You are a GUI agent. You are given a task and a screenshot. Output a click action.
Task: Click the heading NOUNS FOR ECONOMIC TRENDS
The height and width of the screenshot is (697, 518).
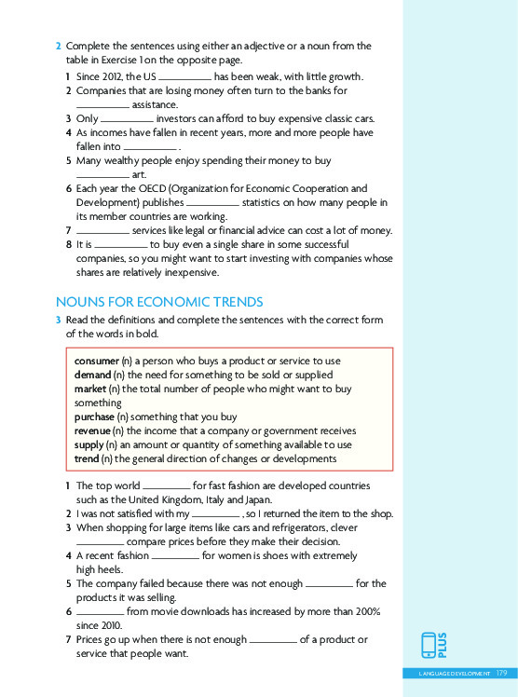[159, 301]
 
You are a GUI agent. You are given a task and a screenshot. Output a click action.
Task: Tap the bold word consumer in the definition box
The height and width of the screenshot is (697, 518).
[97, 361]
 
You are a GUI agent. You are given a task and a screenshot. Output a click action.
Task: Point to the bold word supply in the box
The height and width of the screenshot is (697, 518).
[89, 444]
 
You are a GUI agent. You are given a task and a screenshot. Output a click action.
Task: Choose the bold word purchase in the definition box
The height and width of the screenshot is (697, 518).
[94, 417]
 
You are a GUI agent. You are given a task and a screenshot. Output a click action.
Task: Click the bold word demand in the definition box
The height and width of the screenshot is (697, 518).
[92, 375]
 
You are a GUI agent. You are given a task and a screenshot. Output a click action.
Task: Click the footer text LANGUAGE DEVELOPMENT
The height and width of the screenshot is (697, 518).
[454, 672]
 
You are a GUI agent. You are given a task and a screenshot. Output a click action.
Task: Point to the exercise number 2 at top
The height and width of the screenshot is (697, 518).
[59, 46]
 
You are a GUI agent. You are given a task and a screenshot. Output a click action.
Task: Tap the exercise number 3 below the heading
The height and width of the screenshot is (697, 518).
[59, 320]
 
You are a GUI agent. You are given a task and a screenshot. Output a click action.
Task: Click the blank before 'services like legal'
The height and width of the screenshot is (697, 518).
[102, 230]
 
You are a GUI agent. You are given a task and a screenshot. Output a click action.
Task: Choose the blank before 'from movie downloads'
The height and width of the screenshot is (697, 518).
[100, 611]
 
